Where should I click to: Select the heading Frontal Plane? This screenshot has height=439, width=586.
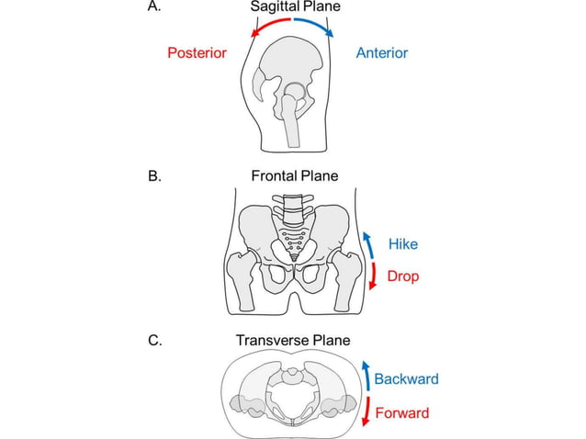pyautogui.click(x=293, y=175)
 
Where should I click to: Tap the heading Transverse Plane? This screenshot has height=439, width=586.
pyautogui.click(x=293, y=341)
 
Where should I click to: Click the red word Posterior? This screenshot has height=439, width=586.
pyautogui.click(x=197, y=52)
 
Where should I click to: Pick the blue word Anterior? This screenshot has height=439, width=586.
pyautogui.click(x=381, y=52)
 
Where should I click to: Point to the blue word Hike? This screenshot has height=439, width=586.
pyautogui.click(x=402, y=244)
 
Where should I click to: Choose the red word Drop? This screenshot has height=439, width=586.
pyautogui.click(x=402, y=276)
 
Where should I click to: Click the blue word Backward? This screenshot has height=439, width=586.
pyautogui.click(x=406, y=378)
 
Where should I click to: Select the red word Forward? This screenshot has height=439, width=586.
pyautogui.click(x=402, y=412)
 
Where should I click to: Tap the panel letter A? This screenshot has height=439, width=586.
pyautogui.click(x=153, y=6)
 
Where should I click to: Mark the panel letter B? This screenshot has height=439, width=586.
pyautogui.click(x=153, y=175)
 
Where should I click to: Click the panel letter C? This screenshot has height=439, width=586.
pyautogui.click(x=153, y=341)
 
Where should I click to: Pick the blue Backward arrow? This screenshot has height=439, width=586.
pyautogui.click(x=365, y=377)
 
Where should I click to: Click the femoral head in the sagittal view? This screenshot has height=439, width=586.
pyautogui.click(x=294, y=96)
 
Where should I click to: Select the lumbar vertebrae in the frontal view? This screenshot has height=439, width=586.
pyautogui.click(x=293, y=209)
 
